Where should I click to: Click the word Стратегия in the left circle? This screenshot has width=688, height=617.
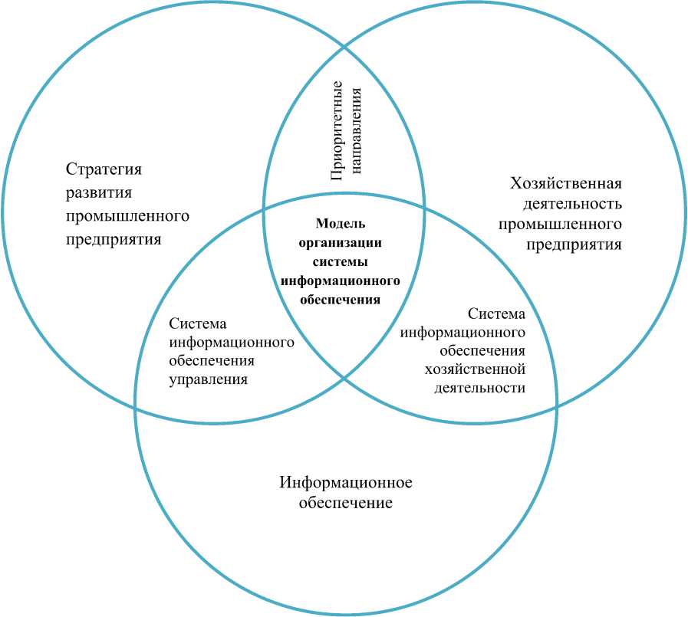click(104, 169)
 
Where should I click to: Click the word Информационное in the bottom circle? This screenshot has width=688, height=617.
click(346, 483)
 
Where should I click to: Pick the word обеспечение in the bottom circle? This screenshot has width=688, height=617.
click(346, 504)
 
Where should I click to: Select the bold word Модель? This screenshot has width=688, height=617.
click(341, 224)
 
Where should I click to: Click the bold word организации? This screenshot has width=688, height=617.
click(341, 242)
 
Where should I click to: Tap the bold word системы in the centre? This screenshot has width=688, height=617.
click(341, 261)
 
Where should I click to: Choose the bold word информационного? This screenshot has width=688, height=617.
click(341, 281)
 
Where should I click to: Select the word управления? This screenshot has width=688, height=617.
click(208, 379)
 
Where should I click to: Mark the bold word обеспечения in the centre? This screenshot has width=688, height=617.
click(341, 299)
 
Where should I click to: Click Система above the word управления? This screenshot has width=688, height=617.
click(198, 323)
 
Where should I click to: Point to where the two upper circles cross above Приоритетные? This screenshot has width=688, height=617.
click(344, 47)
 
